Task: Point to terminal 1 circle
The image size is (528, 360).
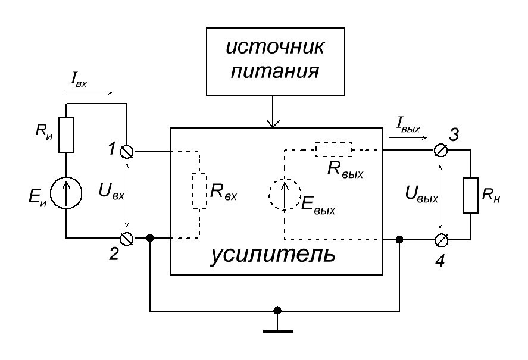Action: (127, 152)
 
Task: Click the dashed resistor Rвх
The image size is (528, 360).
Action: (199, 191)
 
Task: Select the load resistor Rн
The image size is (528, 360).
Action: (471, 194)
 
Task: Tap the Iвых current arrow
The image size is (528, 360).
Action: (408, 137)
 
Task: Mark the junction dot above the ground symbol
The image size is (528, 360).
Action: (276, 311)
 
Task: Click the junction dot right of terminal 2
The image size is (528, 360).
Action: (150, 239)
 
